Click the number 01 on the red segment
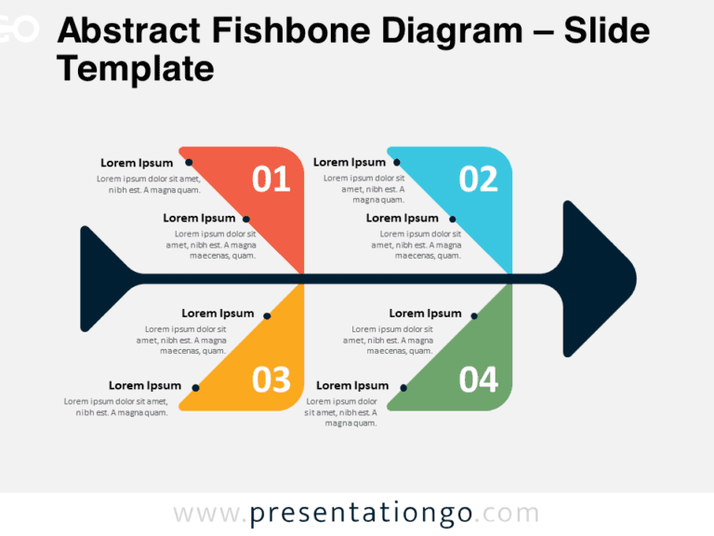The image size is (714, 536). [x=271, y=179]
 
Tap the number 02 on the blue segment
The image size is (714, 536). [x=478, y=179]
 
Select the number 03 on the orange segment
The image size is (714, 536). [x=271, y=380]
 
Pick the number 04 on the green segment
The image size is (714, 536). [x=478, y=380]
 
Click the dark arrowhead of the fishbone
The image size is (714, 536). [x=600, y=278]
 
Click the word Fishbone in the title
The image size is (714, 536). [x=291, y=31]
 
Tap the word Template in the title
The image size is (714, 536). [x=135, y=68]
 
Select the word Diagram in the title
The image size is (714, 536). [x=452, y=32]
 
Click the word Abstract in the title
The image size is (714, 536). [x=129, y=31]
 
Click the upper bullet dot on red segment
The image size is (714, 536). [x=189, y=162]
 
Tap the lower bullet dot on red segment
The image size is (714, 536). [x=245, y=220]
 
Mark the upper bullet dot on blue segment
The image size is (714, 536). [x=397, y=162]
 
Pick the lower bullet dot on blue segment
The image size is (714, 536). [x=453, y=220]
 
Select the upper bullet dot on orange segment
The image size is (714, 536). [x=268, y=315]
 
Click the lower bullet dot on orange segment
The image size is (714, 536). [x=196, y=388]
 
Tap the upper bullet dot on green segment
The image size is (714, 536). [x=474, y=315]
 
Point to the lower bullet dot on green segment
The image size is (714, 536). [x=403, y=388]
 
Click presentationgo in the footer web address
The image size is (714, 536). [x=361, y=514]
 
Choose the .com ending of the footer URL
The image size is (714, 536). [x=508, y=514]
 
